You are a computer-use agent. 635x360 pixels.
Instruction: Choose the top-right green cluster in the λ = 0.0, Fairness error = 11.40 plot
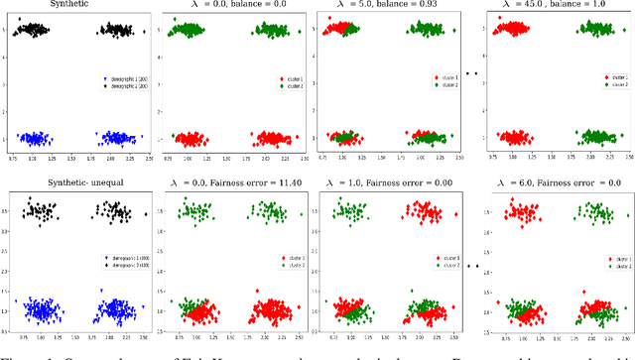click(269, 211)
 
